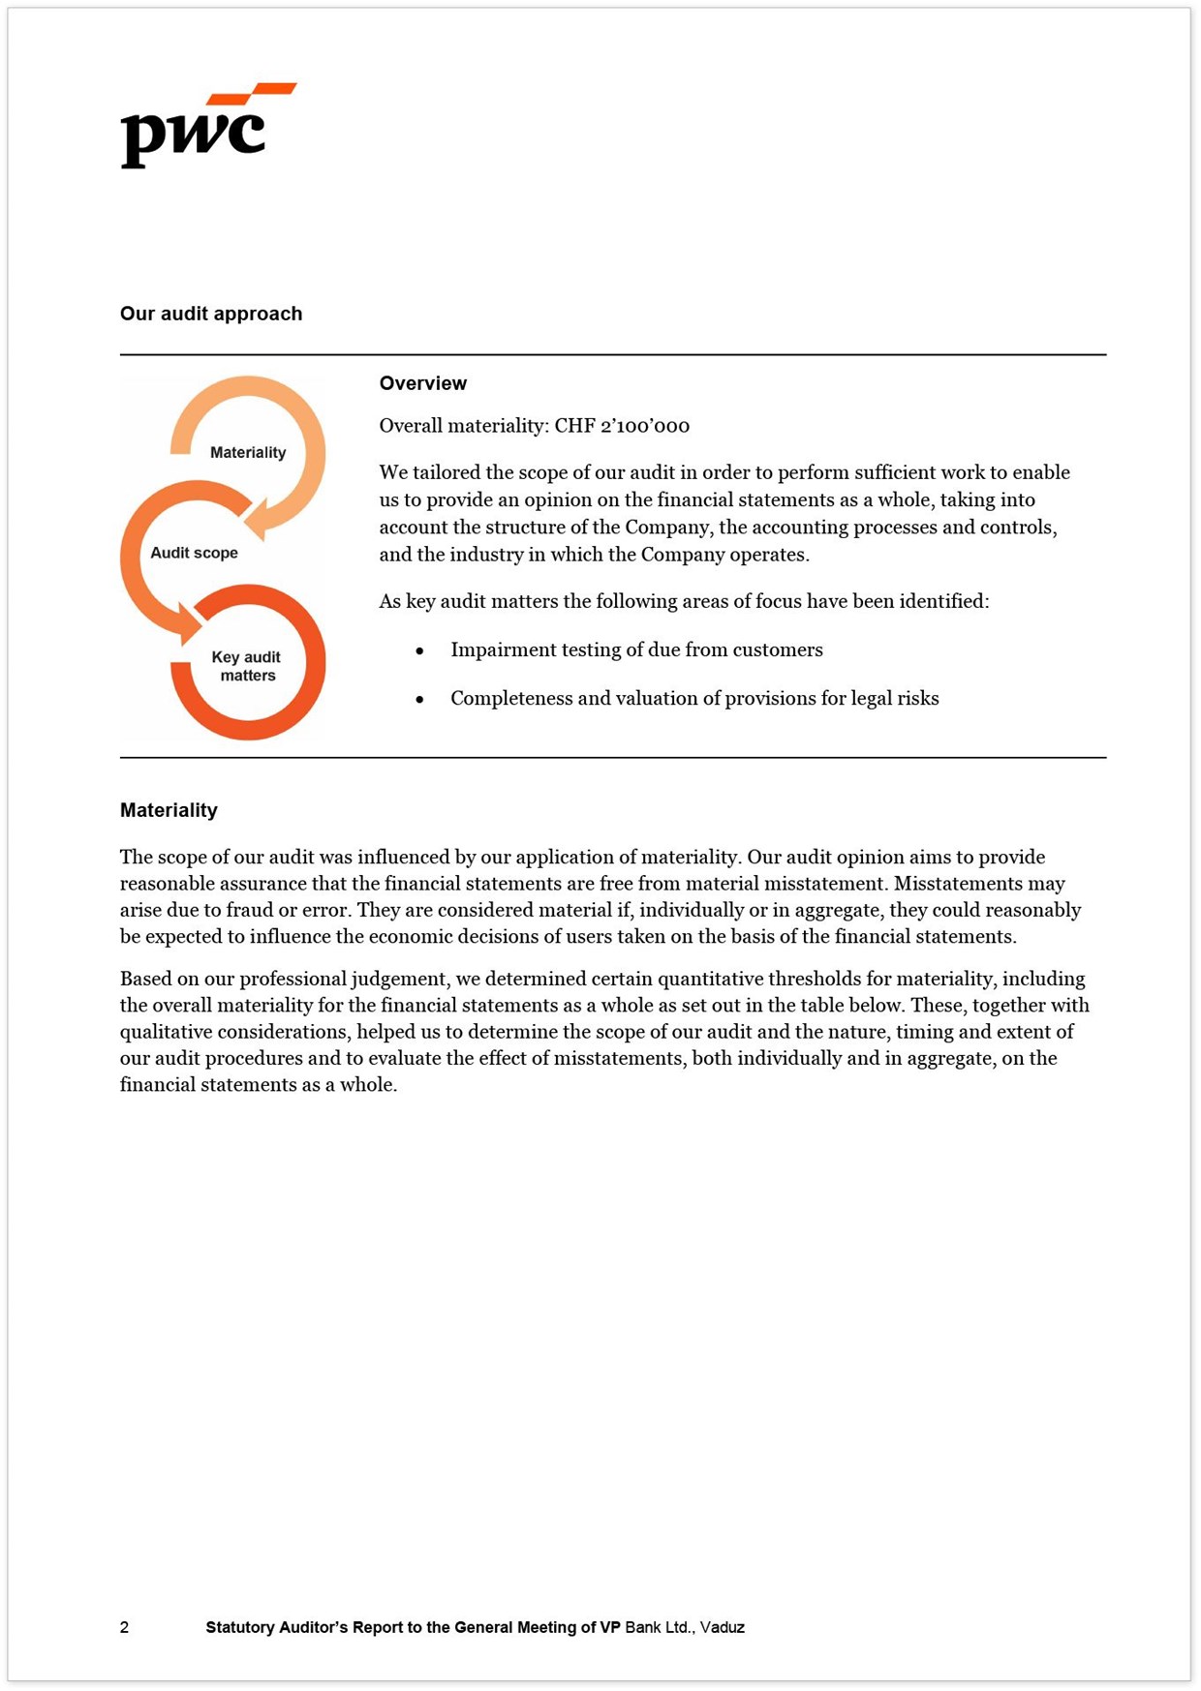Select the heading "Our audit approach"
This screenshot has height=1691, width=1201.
[211, 314]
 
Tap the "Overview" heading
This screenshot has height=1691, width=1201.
[422, 383]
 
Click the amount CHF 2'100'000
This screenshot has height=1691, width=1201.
[622, 426]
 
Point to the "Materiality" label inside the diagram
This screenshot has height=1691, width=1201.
[248, 452]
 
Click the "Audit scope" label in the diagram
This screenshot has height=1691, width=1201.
[194, 553]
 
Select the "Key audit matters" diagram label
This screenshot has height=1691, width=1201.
[247, 666]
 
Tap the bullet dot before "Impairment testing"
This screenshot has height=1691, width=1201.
[419, 651]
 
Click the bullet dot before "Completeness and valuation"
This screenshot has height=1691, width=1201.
[419, 700]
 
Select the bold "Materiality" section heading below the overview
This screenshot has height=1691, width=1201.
[169, 810]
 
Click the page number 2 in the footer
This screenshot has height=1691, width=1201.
[124, 1627]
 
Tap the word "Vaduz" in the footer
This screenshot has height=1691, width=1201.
[723, 1627]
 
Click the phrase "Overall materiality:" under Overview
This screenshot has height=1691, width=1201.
[463, 426]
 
